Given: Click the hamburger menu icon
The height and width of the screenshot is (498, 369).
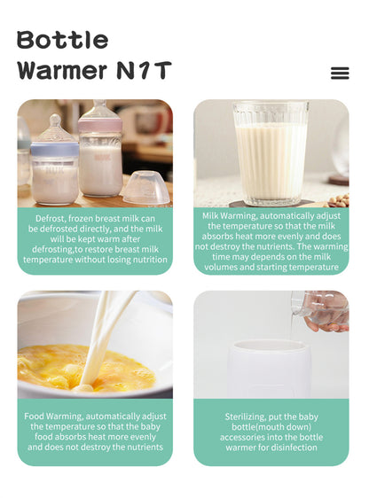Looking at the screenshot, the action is click(340, 73).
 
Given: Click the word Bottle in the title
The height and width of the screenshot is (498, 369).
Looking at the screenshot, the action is click(63, 40).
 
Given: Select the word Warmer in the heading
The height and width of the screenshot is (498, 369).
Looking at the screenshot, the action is click(62, 70).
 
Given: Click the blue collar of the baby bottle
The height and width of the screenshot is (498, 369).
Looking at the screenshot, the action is click(55, 149).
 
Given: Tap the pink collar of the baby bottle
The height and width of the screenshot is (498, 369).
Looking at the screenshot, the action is click(100, 125).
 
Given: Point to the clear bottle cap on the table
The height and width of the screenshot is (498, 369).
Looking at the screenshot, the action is click(146, 187).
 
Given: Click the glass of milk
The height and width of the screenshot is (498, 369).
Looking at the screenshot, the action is click(271, 153).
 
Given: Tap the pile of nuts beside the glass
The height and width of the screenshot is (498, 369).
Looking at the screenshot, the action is click(339, 200).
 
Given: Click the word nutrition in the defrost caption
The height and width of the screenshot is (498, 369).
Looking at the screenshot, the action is click(150, 260).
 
